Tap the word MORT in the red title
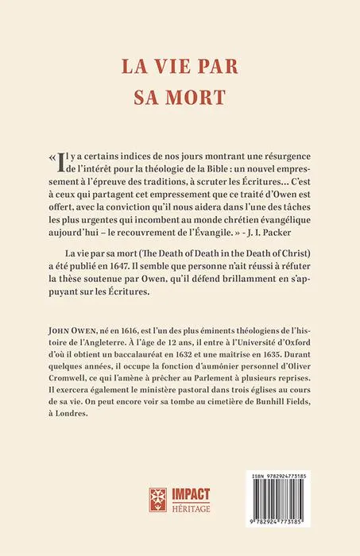coord(195,95)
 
